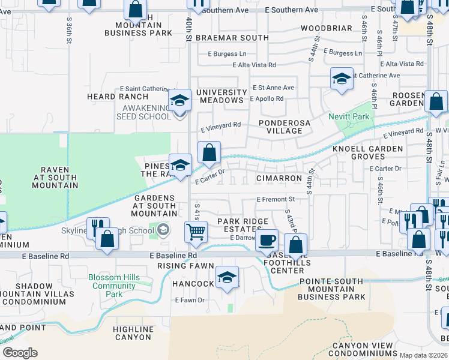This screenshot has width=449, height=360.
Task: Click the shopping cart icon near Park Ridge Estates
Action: (x=196, y=230)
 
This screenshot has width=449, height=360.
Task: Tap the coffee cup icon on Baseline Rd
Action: (x=267, y=240)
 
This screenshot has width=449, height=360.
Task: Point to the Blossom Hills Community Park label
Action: (x=114, y=286)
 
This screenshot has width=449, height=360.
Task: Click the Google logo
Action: (x=20, y=353)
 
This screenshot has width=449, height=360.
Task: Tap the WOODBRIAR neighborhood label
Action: (x=326, y=28)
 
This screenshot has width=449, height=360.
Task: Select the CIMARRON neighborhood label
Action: (x=279, y=178)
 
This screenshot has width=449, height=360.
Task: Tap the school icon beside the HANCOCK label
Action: (x=227, y=277)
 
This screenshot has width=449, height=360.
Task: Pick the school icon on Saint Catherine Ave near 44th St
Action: (x=342, y=79)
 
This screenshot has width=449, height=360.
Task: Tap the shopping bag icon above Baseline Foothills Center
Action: (x=295, y=244)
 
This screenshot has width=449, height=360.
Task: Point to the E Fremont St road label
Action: (x=276, y=199)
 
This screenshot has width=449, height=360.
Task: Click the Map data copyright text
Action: (x=424, y=355)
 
